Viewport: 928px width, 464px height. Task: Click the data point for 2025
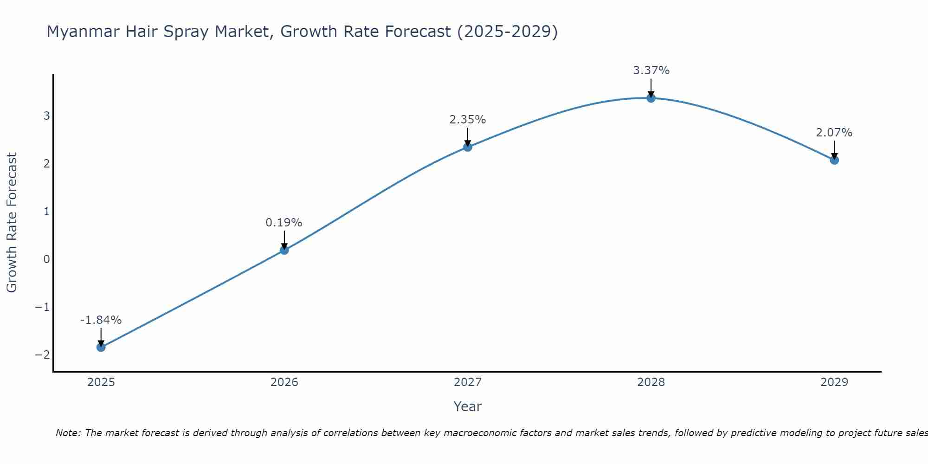tap(101, 347)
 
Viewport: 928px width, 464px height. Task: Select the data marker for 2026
tap(284, 250)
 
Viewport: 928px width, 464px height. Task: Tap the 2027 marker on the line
tap(468, 147)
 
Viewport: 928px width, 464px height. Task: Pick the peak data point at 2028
tap(651, 98)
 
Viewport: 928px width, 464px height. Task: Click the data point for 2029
tap(834, 160)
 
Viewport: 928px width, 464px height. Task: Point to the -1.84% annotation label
tap(101, 320)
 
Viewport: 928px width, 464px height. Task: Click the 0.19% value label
tap(284, 223)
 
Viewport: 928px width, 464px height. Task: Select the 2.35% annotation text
tap(468, 120)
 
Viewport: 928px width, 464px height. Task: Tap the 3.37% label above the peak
tap(651, 71)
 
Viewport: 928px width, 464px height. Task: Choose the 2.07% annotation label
tap(834, 133)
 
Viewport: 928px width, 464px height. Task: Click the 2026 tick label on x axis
tap(284, 382)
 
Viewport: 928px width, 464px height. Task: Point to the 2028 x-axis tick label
tap(651, 382)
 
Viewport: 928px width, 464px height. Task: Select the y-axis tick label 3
tap(46, 116)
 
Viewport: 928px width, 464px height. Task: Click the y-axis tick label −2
tap(42, 354)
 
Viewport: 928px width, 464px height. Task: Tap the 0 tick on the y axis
tap(46, 259)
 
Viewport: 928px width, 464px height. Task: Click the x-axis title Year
tap(468, 406)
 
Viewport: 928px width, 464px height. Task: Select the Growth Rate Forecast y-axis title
tap(12, 223)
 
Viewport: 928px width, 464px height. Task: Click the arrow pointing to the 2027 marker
tap(468, 136)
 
